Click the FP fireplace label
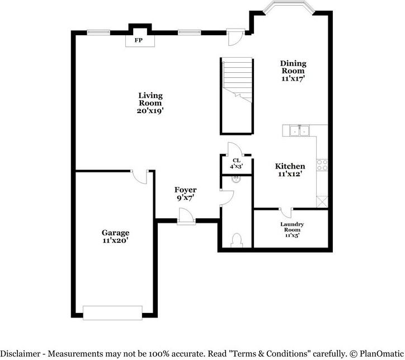coord(138,40)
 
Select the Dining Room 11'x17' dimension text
coord(293,79)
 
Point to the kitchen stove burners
coord(322,164)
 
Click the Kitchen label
coord(290,166)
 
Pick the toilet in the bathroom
coord(236,239)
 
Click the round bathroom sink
coord(237,179)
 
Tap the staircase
coord(237,95)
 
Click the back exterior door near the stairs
coord(236,36)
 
